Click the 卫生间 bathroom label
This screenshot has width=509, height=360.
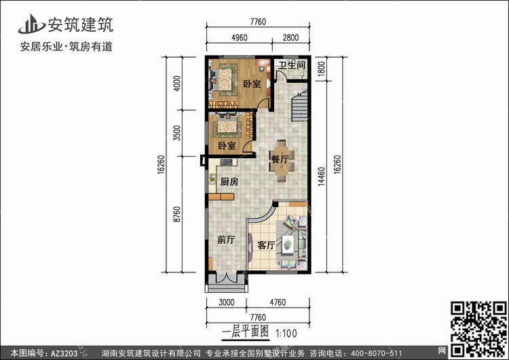(x=292, y=65)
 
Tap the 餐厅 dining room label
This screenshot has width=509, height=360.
(x=280, y=159)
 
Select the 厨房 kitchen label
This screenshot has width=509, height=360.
(x=229, y=181)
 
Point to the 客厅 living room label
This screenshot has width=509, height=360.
(x=266, y=245)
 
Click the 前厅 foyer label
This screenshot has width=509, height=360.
(x=226, y=240)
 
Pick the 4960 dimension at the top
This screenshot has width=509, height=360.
(x=240, y=37)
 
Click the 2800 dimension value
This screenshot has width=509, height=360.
(x=290, y=37)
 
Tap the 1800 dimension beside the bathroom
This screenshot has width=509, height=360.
(x=321, y=69)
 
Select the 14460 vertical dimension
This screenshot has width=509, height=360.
(x=321, y=176)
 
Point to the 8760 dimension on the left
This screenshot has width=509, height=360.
(x=176, y=215)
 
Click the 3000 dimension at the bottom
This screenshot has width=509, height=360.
(x=226, y=302)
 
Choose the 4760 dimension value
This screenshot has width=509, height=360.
(x=278, y=302)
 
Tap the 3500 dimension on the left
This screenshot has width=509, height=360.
(x=176, y=133)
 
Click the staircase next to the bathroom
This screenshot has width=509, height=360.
(x=299, y=105)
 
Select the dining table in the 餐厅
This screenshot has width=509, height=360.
(x=282, y=160)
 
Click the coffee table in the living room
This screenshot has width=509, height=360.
(x=288, y=243)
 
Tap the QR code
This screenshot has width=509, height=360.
(x=478, y=329)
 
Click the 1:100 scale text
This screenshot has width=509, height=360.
(x=286, y=334)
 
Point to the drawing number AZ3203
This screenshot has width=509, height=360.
(x=64, y=353)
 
